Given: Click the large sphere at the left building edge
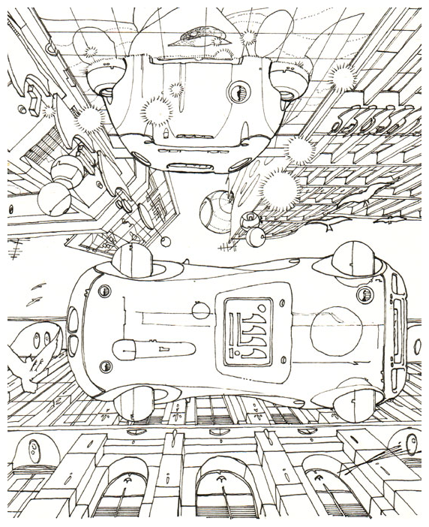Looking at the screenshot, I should (x=55, y=198).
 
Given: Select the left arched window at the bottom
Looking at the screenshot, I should (x=123, y=492).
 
